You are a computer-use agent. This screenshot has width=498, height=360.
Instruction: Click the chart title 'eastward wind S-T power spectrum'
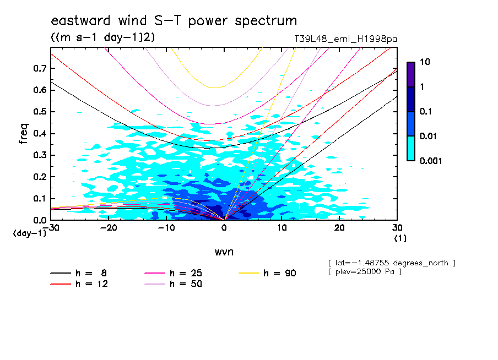174,21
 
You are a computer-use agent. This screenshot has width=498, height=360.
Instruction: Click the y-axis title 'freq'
23,134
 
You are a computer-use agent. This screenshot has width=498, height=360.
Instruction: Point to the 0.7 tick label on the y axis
39,68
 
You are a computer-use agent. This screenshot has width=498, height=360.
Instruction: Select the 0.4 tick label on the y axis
39,134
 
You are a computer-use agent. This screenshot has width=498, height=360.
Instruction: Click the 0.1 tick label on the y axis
39,199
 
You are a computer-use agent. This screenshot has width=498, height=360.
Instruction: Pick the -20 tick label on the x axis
109,228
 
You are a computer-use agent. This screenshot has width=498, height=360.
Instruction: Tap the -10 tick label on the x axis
166,228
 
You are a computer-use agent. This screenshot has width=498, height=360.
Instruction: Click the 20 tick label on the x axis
339,228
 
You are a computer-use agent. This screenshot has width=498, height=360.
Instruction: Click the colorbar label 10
424,63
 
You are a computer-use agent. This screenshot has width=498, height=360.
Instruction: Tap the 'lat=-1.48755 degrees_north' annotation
391,263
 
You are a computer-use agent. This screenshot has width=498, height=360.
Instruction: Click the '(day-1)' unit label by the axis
30,233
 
